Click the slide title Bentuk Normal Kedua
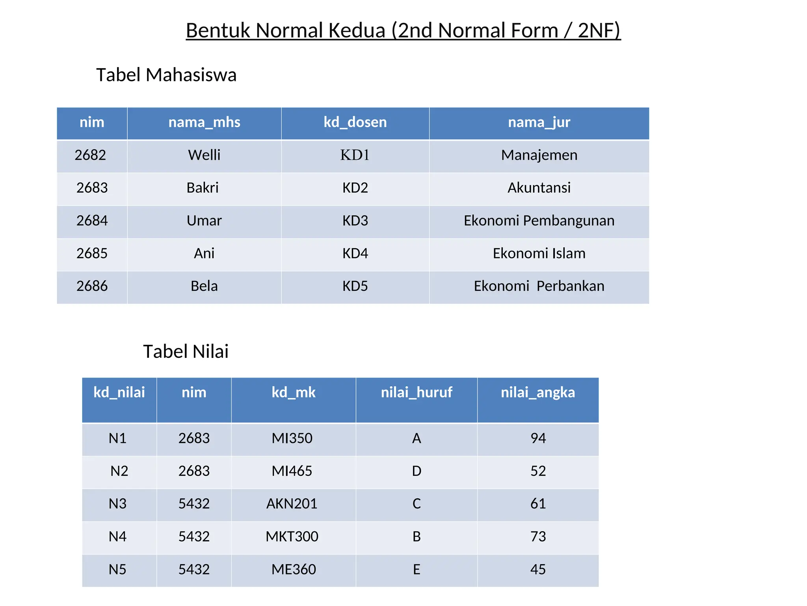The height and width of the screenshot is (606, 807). (x=403, y=30)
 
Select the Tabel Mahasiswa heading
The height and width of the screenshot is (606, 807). (x=166, y=75)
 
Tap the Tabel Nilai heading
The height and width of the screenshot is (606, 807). (x=186, y=352)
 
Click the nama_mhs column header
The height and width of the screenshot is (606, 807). (x=204, y=122)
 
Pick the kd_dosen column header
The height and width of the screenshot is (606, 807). (x=355, y=122)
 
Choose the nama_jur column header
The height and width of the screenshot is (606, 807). (x=539, y=122)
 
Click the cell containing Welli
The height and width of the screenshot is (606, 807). (x=204, y=155)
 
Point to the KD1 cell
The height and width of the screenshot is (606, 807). (x=355, y=155)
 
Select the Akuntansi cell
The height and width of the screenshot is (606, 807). (x=539, y=188)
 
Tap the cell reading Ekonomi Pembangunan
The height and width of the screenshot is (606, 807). (x=539, y=221)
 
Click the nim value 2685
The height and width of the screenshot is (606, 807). (x=92, y=253)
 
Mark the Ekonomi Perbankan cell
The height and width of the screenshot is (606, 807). (x=539, y=286)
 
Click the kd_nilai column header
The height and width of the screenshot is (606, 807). (x=119, y=393)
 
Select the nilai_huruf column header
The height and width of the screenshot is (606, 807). (x=417, y=393)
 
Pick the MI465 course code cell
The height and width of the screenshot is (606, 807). (x=292, y=471)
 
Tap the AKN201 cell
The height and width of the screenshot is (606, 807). (x=292, y=504)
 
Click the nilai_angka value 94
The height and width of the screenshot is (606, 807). (x=538, y=438)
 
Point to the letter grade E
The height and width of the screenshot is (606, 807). (x=417, y=570)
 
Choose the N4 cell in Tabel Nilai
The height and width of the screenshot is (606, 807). (x=117, y=537)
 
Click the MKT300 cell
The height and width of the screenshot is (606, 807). (x=292, y=537)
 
